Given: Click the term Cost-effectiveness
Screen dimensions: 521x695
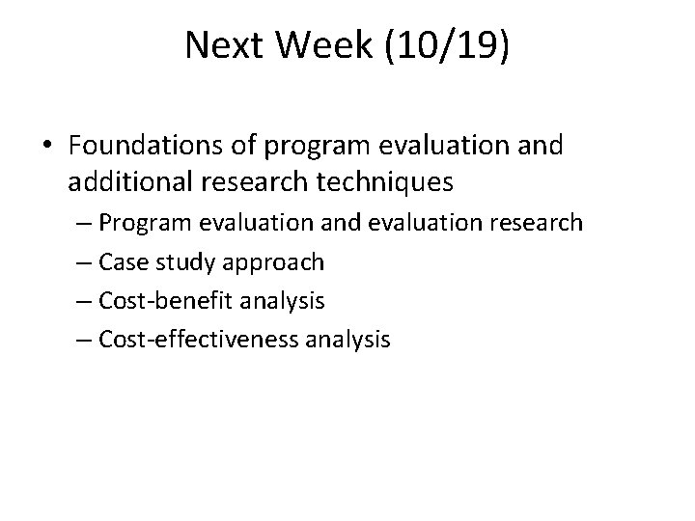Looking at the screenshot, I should (x=196, y=339).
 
